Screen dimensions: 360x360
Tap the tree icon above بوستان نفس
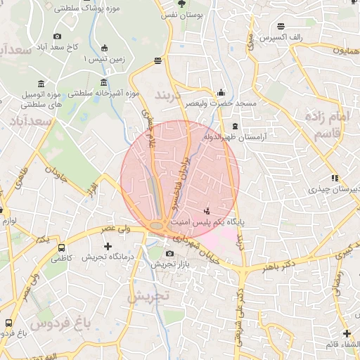183,3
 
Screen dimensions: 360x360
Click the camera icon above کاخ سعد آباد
57,37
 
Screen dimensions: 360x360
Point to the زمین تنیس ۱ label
104,60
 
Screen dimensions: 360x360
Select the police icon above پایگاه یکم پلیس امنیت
206,210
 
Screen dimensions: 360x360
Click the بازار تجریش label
169,265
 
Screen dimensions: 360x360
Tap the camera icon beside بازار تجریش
169,254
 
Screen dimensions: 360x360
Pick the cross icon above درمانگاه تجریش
108,246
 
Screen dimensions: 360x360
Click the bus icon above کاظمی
62,247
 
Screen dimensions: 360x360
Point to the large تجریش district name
148,297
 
